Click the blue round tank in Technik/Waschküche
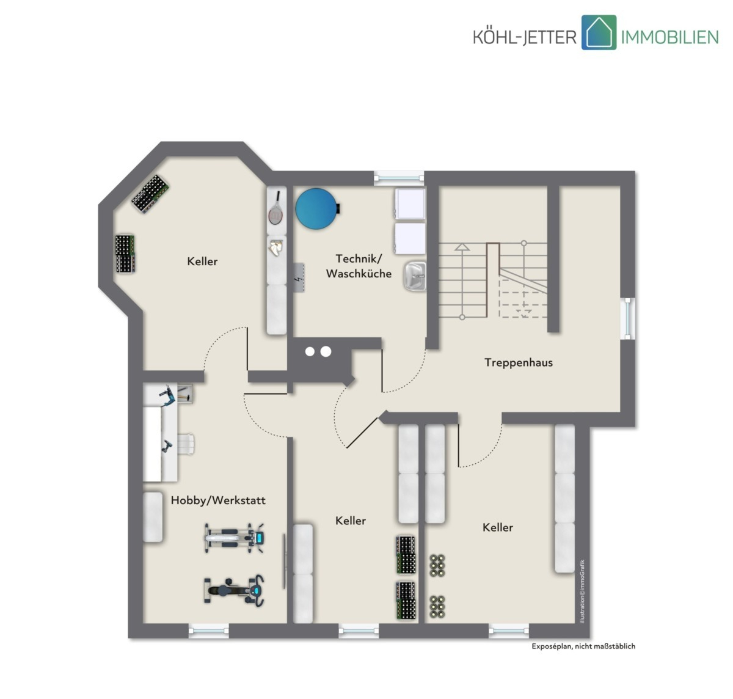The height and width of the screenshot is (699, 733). (x=317, y=208)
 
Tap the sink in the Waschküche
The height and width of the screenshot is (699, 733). (x=415, y=276)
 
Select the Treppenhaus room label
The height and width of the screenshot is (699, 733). (x=518, y=362)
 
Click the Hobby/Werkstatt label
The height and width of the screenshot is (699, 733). (x=218, y=500)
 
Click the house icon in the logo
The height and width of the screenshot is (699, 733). (x=599, y=32)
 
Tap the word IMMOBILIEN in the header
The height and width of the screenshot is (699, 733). (x=669, y=37)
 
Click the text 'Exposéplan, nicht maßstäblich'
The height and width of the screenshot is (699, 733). (x=583, y=646)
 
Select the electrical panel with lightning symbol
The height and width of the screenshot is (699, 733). (x=299, y=278)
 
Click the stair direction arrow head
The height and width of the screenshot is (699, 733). (x=462, y=247)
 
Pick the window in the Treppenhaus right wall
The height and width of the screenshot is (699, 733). (x=628, y=318)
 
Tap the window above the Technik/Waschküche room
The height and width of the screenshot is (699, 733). (x=398, y=178)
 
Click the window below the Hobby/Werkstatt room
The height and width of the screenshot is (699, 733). (x=208, y=631)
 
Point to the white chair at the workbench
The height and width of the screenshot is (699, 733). (x=186, y=444)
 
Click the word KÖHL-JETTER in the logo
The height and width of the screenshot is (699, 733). (x=525, y=37)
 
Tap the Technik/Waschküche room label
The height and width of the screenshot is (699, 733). (x=359, y=266)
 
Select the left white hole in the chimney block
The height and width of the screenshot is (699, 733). (x=310, y=351)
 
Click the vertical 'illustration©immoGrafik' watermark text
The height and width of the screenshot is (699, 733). (x=582, y=591)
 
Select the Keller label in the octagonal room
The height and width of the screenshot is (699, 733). (x=202, y=261)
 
